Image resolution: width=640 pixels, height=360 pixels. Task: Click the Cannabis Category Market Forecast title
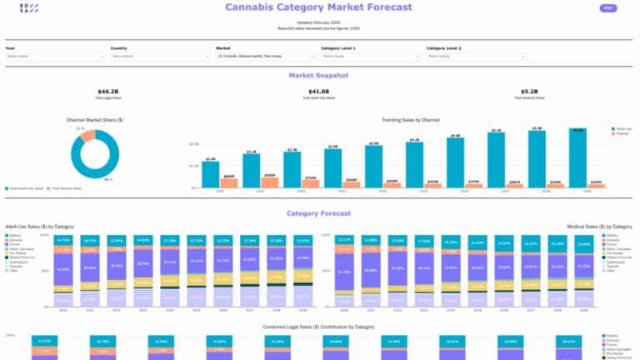coord(318,7)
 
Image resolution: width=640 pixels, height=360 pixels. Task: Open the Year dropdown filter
coord(53,57)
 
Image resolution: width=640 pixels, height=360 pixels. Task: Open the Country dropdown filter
coord(158,57)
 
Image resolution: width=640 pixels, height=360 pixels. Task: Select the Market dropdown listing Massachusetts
coord(263,57)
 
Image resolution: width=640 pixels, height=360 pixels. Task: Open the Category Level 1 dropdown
coord(368,57)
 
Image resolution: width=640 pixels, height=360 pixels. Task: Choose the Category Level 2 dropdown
coord(474,57)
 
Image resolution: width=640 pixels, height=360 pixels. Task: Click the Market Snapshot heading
coord(318,75)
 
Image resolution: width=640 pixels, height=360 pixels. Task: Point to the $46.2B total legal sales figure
coord(108,92)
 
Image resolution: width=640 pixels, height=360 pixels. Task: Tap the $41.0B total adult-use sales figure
coord(318,92)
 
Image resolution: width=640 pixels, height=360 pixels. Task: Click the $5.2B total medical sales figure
coord(529,92)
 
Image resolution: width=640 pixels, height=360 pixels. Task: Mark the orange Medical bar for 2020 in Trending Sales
coord(229,182)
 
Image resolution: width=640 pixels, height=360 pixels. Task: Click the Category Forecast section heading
coord(318,213)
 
